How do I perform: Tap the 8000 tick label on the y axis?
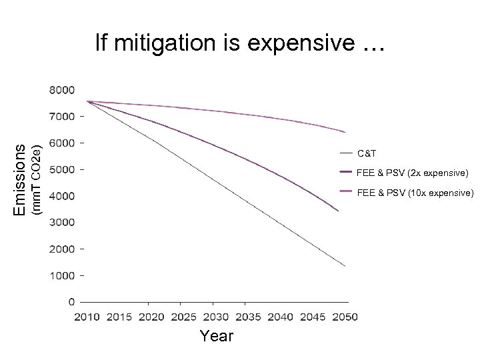[61, 89]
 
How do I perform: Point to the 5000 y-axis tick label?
[61, 169]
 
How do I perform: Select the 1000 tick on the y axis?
[61, 275]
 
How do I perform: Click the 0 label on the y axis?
[71, 302]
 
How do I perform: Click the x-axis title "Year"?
[217, 336]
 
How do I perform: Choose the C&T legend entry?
[366, 153]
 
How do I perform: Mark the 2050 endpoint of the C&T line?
[345, 265]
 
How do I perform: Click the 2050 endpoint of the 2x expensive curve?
[339, 211]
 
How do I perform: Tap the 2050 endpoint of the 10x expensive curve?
[345, 132]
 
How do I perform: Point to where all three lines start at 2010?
[87, 101]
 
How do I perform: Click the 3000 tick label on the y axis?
[61, 222]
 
